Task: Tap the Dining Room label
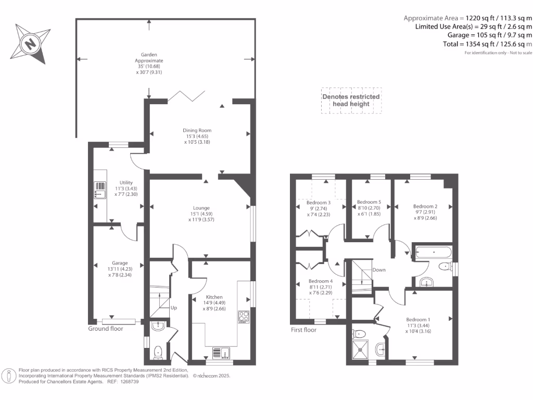tap(197, 131)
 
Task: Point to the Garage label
tap(120, 263)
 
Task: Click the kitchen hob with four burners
tap(244, 317)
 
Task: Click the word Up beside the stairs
tap(174, 308)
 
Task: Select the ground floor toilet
tap(159, 352)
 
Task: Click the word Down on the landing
tap(379, 270)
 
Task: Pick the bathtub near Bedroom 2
tap(433, 252)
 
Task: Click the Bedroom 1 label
tap(418, 319)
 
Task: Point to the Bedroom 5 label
tap(369, 202)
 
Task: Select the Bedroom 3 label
tap(319, 203)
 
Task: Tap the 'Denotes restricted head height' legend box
tap(351, 101)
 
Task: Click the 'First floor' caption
tap(303, 330)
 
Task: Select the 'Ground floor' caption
tap(106, 329)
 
